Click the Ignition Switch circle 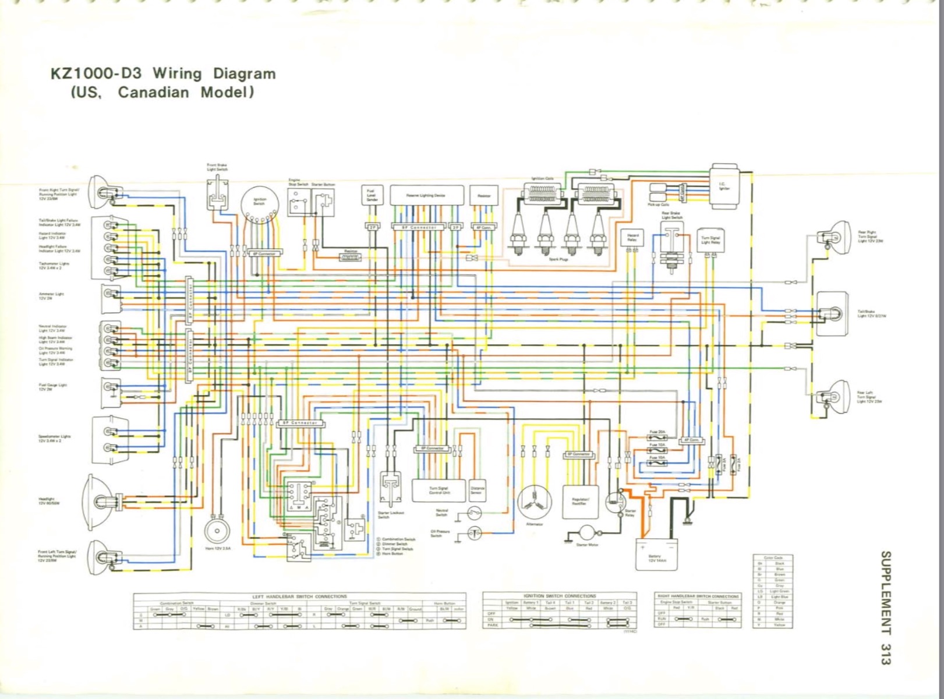click(259, 203)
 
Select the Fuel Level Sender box click(372, 196)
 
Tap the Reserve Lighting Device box click(426, 196)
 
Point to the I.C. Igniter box click(724, 185)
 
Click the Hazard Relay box click(632, 238)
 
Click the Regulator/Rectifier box click(580, 501)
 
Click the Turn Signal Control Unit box click(439, 490)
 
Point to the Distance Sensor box click(478, 490)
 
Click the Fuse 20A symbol click(657, 437)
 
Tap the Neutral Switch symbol click(474, 513)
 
